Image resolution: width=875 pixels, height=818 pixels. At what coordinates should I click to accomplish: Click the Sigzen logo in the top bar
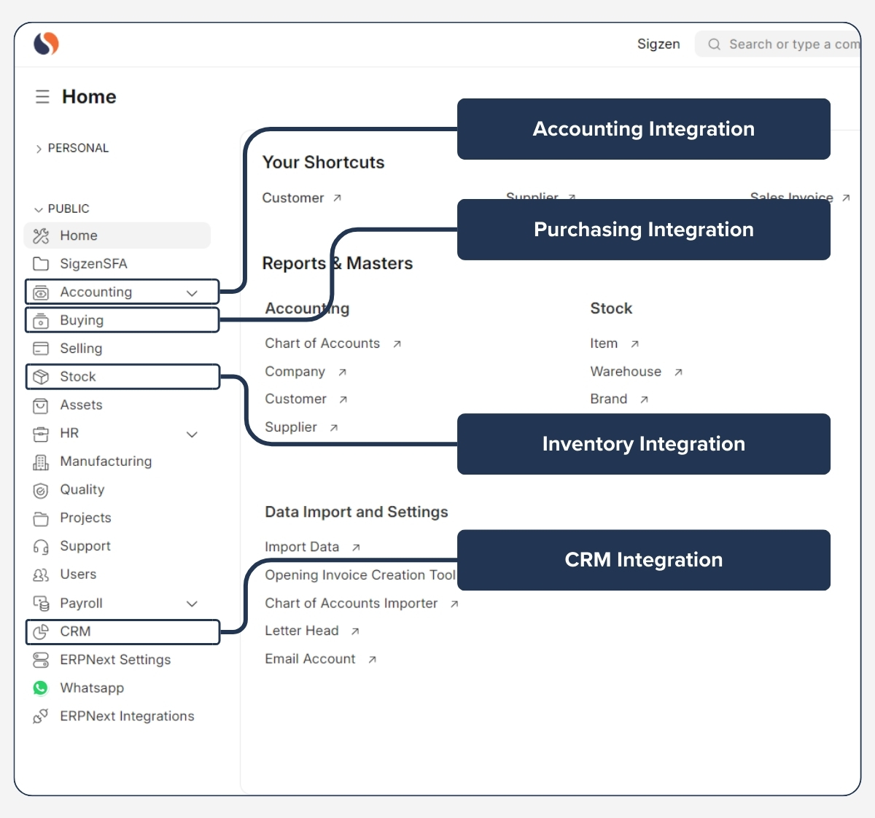coord(46,44)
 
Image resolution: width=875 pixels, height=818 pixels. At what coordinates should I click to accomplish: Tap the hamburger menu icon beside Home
coord(42,97)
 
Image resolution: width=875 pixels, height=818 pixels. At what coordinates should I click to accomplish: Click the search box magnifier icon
coord(714,44)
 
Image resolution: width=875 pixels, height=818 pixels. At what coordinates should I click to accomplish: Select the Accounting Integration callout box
coord(643,129)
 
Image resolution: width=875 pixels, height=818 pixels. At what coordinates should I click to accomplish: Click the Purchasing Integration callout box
coord(643,230)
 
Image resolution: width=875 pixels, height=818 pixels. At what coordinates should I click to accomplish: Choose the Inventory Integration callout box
coord(643,444)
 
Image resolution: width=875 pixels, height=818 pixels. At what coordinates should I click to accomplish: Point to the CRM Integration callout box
coord(643,560)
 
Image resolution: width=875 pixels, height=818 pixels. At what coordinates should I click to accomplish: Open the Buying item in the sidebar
coord(82,320)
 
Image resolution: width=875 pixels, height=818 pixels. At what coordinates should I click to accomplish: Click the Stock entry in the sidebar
coord(78,377)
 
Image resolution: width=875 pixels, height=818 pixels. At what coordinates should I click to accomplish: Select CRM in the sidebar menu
coord(75,631)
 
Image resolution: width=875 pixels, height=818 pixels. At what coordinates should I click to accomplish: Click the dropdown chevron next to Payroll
coord(192,604)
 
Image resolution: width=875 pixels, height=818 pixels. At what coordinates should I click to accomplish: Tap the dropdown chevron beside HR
coord(192,435)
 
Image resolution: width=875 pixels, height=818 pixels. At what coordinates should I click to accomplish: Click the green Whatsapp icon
coord(41,688)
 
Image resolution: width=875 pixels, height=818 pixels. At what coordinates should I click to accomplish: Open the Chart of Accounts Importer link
coord(351,604)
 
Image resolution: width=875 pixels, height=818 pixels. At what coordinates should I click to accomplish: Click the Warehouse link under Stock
coord(626,372)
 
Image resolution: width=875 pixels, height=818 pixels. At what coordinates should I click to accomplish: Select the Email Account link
coord(310,659)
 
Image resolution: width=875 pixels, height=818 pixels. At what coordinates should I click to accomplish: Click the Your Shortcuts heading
coord(323,163)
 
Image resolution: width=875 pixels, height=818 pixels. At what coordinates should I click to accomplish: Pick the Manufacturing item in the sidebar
coord(106,461)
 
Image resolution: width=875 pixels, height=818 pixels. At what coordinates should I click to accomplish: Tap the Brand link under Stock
coord(608,400)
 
